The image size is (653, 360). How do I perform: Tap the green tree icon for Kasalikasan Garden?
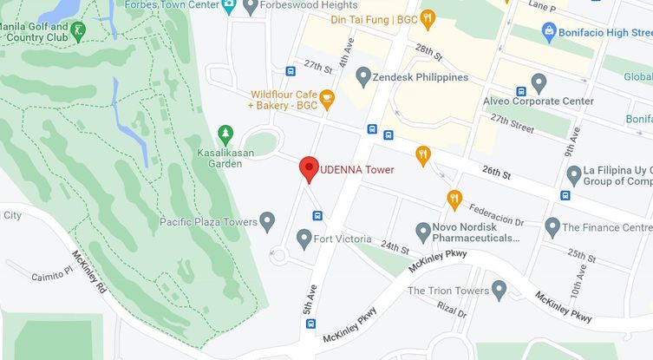pos(225,134)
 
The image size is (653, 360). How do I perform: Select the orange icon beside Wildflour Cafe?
pos(327,100)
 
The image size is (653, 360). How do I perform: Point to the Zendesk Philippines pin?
pos(363,76)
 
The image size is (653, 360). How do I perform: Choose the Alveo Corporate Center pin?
pos(539,83)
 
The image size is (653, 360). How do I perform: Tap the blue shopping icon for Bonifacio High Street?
pos(548,31)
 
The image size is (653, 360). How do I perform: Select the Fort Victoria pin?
pos(304,238)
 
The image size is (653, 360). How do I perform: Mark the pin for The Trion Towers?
pos(498,290)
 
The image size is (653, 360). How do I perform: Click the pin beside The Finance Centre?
pos(552,227)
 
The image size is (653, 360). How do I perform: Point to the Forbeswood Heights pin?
pos(251,7)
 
